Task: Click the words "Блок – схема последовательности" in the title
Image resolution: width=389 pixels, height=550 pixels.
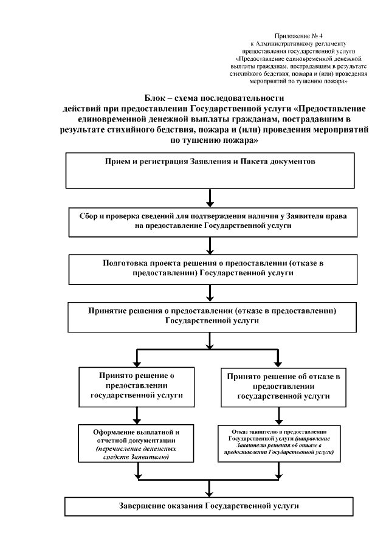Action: [213, 98]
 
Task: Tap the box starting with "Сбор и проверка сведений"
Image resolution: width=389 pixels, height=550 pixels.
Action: [210, 220]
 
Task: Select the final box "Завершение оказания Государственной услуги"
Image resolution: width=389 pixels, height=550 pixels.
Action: [210, 506]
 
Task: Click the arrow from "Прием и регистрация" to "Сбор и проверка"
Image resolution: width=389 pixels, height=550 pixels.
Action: [210, 198]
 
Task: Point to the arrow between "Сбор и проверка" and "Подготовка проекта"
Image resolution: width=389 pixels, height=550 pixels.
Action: [210, 244]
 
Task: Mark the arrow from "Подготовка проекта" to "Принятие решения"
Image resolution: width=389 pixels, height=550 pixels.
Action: [210, 293]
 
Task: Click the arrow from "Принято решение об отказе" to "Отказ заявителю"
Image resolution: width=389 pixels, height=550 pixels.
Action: [279, 414]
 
